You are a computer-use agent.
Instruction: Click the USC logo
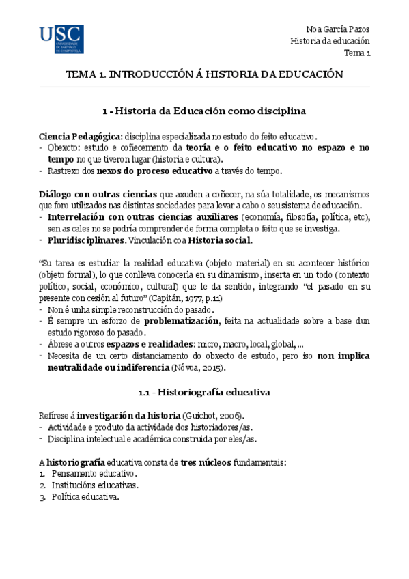pyautogui.click(x=61, y=40)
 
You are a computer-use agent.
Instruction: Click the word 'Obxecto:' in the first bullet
pyautogui.click(x=66, y=147)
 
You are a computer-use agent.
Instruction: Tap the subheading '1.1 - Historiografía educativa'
pyautogui.click(x=203, y=393)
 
